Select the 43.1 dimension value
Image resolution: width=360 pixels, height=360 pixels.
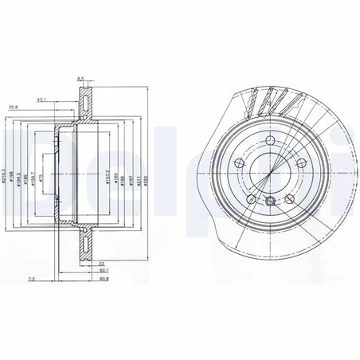click(x=63, y=100)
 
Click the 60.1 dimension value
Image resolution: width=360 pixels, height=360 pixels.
click(x=104, y=271)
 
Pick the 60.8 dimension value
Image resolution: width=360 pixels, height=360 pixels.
click(x=104, y=280)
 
